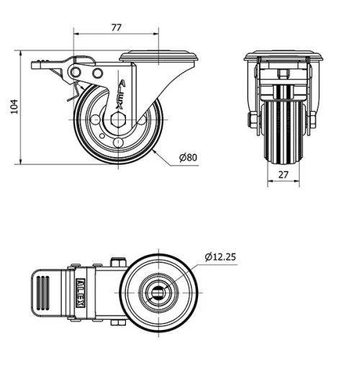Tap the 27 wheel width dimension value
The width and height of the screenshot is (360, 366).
click(282, 174)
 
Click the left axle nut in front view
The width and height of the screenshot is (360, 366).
click(253, 120)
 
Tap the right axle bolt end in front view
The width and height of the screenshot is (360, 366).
click(313, 120)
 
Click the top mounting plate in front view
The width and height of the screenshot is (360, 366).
click(282, 55)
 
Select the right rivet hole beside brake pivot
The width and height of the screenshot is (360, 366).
click(97, 73)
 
